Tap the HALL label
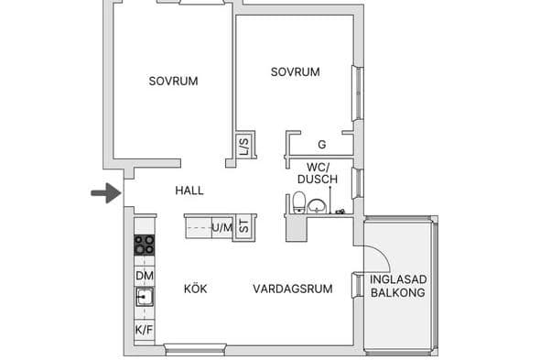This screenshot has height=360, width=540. pos(189,191)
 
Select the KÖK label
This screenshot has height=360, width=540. pos(195,289)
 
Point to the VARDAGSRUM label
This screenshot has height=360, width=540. pos(292,289)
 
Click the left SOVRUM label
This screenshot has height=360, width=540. pos(173,81)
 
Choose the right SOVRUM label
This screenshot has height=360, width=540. pos(295,72)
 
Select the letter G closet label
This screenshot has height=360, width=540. pos(321,145)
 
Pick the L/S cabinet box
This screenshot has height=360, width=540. pos(244,145)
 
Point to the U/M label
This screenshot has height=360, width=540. pos(221,227)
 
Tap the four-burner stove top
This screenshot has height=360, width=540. pos(145,245)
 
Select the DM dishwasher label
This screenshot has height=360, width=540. pos(145,275)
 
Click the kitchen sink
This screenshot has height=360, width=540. pos(145,297)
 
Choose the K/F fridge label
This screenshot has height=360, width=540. pos(145,330)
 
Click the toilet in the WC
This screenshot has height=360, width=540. pos(299,202)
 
